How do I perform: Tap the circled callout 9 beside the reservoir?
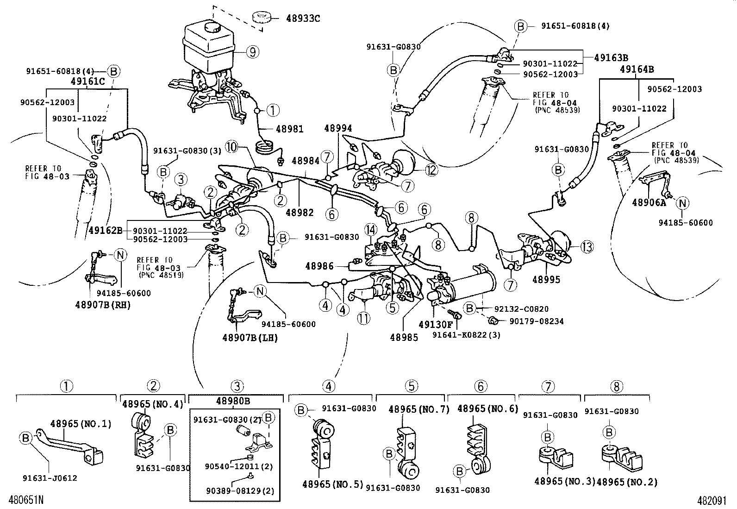pos(252,52)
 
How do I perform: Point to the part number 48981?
pos(289,129)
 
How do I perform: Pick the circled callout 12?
pos(431,170)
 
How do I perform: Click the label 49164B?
pos(637,69)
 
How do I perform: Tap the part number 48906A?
pos(649,202)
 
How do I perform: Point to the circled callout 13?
pos(587,247)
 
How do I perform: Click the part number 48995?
pos(546,279)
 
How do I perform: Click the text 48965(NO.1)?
pos(81,423)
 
